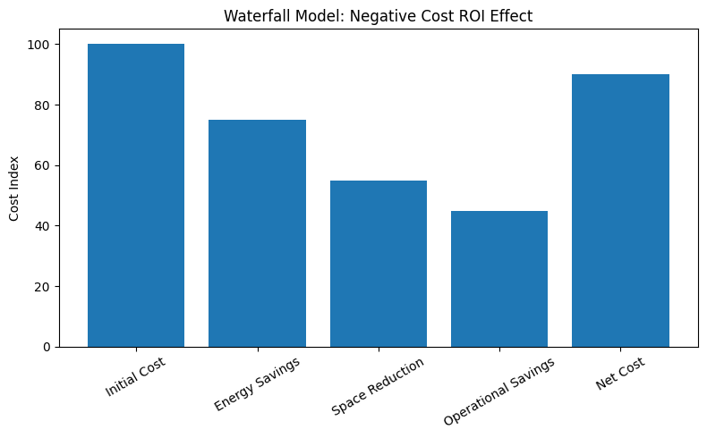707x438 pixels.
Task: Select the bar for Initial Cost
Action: (x=136, y=195)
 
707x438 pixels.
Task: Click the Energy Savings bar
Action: (x=257, y=233)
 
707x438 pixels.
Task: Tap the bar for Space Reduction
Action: (x=379, y=264)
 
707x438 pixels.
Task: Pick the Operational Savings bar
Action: (x=499, y=279)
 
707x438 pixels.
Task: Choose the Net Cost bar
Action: (x=620, y=210)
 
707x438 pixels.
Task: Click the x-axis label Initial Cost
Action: (x=135, y=376)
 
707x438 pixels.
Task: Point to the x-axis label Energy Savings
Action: (x=256, y=383)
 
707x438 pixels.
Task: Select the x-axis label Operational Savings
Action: (x=498, y=391)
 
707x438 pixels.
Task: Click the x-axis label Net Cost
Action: (x=620, y=373)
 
